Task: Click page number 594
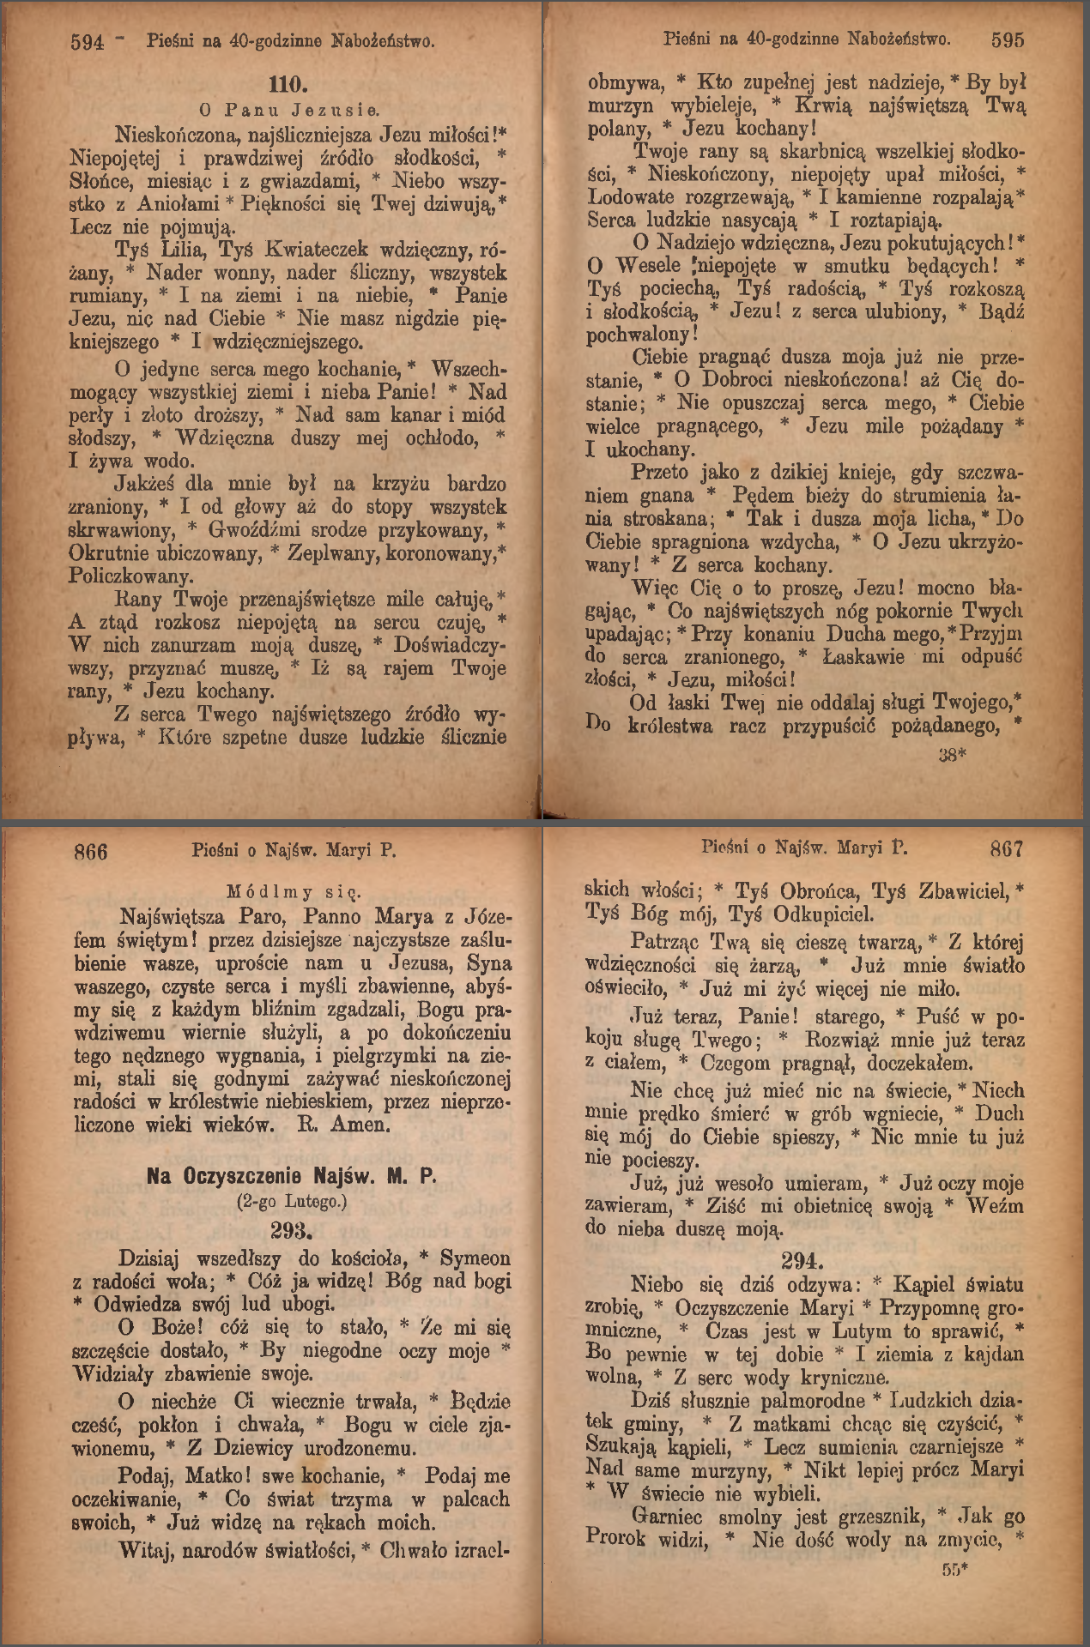pos(87,41)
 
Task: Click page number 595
pos(1007,39)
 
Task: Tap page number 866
pos(91,851)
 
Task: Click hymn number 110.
pos(288,84)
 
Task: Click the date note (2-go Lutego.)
pos(292,1202)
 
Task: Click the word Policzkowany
pos(131,576)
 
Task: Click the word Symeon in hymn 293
pos(475,1258)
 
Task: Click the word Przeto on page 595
pos(659,473)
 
